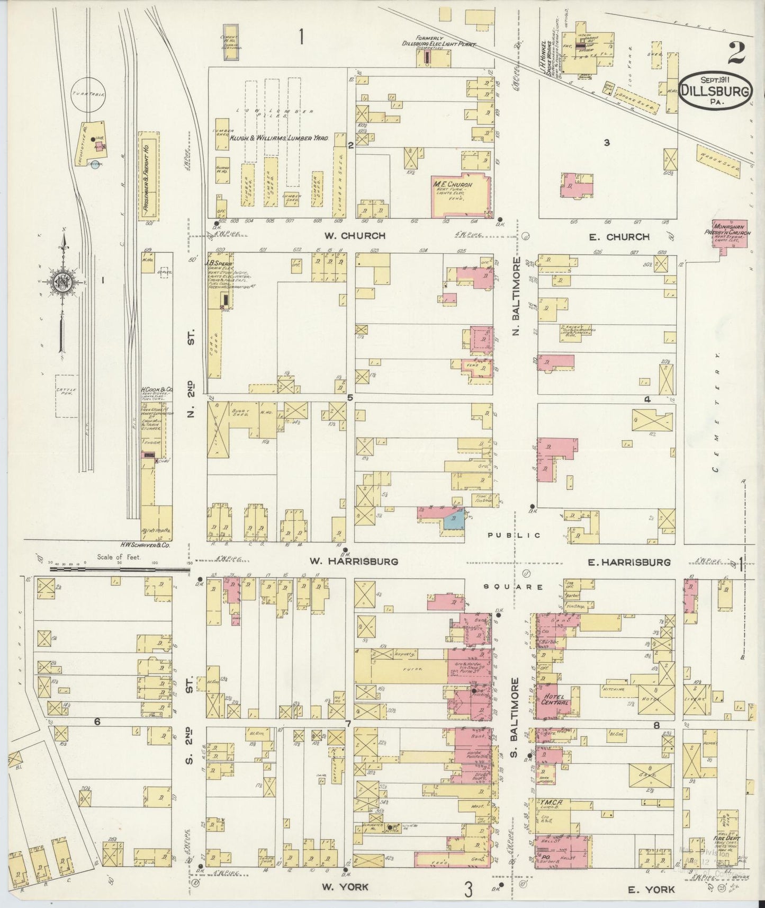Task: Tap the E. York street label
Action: [x=651, y=889]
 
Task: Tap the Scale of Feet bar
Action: [x=119, y=569]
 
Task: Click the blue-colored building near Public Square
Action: [x=454, y=520]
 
